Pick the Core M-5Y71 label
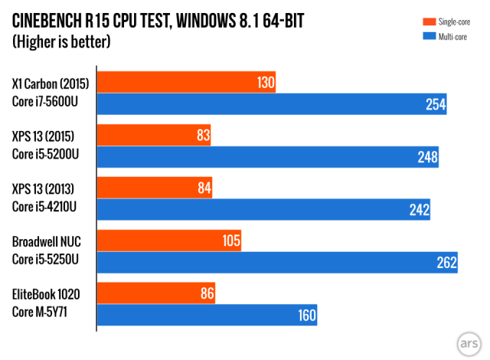42,313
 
